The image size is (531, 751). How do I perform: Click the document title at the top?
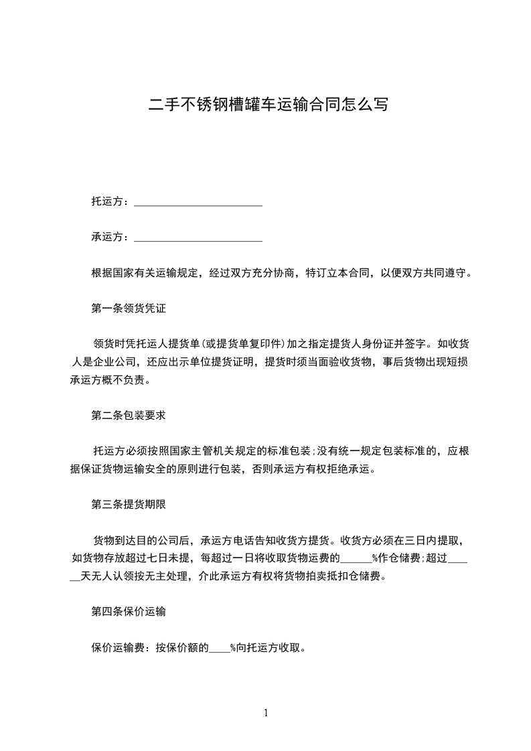(268, 105)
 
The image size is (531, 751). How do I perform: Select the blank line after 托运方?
(198, 203)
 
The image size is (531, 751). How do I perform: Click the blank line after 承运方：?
(198, 238)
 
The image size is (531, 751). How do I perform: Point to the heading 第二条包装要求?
(128, 415)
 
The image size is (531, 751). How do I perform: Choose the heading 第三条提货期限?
(128, 505)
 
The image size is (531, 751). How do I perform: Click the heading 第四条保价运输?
(128, 611)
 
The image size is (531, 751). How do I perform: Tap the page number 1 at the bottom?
(266, 713)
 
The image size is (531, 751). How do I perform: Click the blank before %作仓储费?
(356, 559)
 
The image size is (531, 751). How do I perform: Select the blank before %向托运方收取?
(220, 648)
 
